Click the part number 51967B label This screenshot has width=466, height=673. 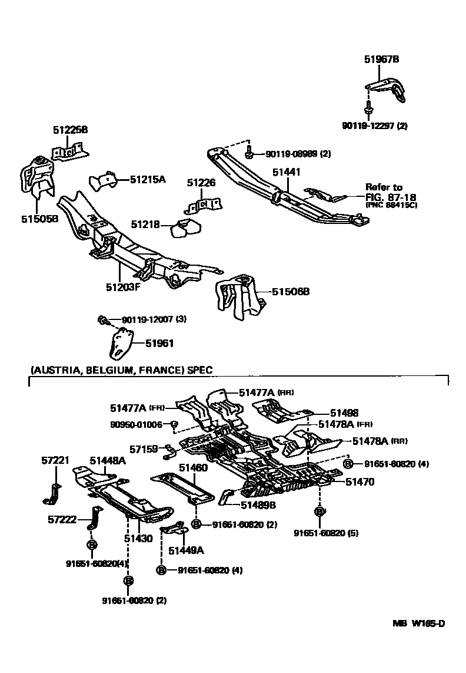point(381,60)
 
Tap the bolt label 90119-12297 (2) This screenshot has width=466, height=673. point(374,126)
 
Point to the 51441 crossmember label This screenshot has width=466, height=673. point(287,172)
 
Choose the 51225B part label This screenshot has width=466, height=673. point(70,130)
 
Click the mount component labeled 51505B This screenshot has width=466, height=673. point(36,177)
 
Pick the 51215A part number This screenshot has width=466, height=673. point(148,179)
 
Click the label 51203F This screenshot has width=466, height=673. point(123,288)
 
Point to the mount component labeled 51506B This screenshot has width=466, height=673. point(238,297)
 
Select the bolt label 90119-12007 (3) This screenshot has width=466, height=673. point(154,319)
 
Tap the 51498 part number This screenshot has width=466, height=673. point(344,414)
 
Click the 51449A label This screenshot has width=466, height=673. point(186,550)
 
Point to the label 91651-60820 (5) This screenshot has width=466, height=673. point(326,533)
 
